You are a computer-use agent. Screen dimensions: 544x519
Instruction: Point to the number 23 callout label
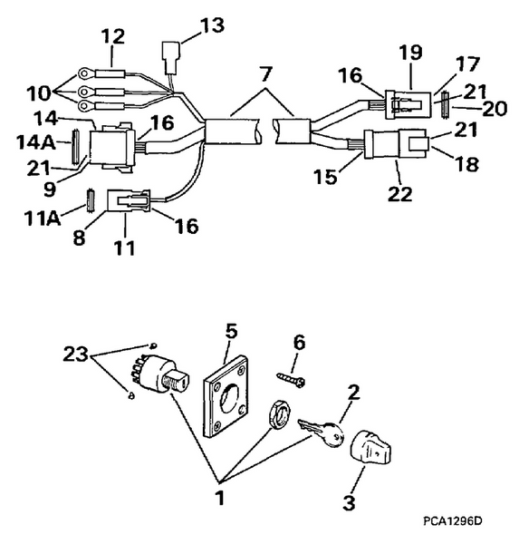click(76, 355)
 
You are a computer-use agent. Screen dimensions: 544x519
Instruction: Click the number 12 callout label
click(113, 36)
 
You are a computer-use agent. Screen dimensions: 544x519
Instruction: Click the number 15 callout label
click(348, 173)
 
